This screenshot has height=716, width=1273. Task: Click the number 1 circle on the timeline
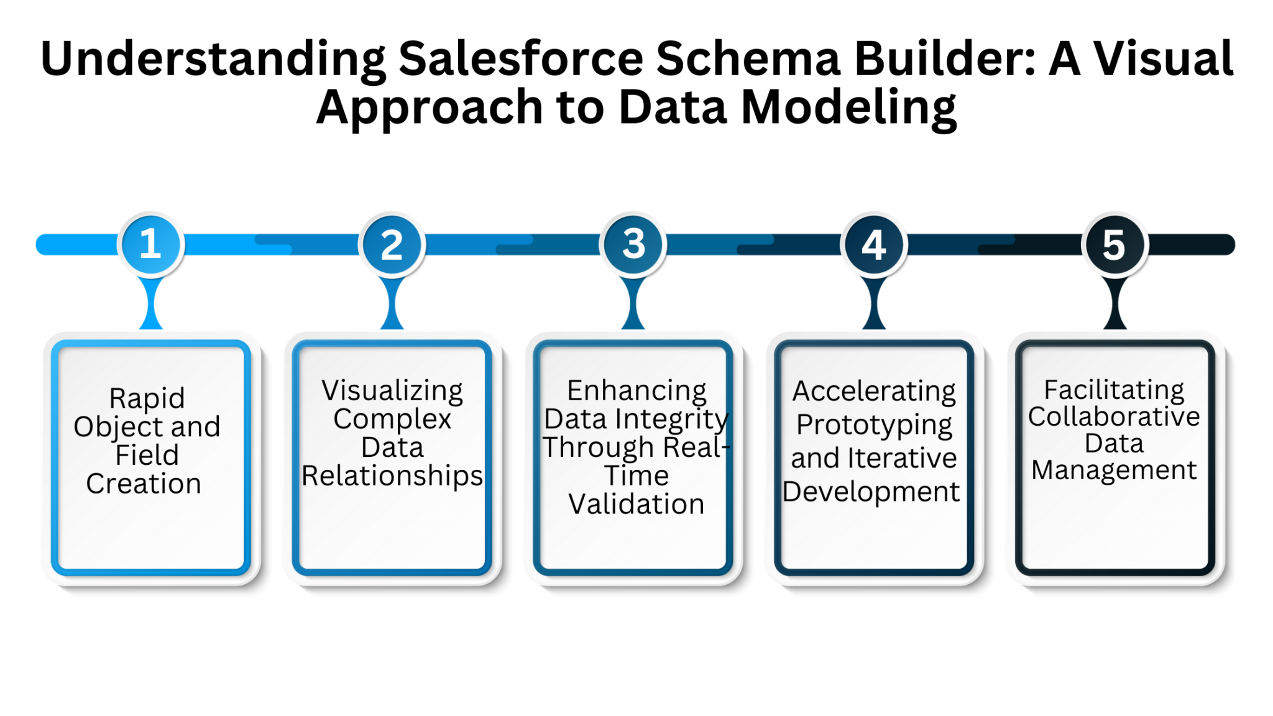[x=151, y=244]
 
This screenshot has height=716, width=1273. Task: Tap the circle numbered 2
[x=392, y=244]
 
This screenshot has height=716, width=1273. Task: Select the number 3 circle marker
[x=633, y=244]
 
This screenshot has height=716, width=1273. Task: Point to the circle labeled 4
[x=873, y=244]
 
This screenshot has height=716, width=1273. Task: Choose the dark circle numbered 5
[x=1114, y=244]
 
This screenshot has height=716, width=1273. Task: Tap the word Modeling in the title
[x=848, y=108]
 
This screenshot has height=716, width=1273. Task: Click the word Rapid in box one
[x=147, y=398]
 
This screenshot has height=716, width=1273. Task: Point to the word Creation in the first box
[x=144, y=484]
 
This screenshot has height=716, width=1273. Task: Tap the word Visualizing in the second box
[x=392, y=391]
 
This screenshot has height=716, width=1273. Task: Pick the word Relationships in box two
[x=392, y=476]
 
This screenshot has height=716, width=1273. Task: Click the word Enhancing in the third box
[x=636, y=391]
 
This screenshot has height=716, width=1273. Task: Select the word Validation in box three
[x=636, y=504]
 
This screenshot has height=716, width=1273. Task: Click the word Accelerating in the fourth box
[x=874, y=392]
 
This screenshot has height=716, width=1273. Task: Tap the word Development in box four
[x=871, y=492]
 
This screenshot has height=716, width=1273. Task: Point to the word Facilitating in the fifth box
[x=1114, y=390]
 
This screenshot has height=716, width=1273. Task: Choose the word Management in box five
[x=1114, y=470]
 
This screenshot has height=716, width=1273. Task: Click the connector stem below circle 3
[x=633, y=303]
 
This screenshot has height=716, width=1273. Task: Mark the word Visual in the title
[x=1163, y=59]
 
